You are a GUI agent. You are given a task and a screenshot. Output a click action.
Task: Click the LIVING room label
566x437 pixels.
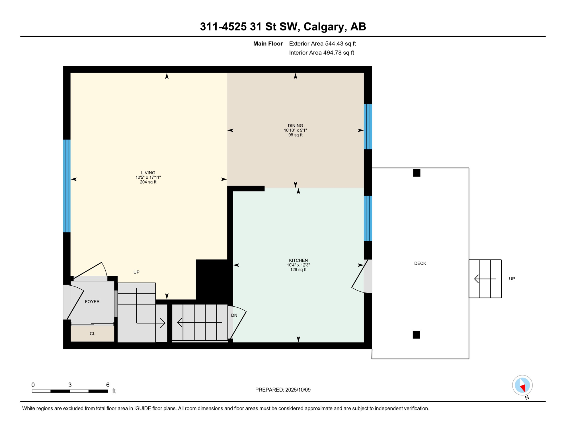[x=148, y=173]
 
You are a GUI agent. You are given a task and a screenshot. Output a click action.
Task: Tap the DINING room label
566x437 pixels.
[x=295, y=125]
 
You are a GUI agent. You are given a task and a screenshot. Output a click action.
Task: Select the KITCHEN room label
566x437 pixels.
[x=298, y=260]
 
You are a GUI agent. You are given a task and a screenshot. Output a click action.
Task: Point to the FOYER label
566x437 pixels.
[x=92, y=302]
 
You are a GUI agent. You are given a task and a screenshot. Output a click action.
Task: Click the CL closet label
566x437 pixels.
[x=92, y=334]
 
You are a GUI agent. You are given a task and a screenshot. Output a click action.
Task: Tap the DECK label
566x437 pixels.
[x=420, y=263]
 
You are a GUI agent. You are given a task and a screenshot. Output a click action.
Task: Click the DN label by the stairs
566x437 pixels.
[x=234, y=315]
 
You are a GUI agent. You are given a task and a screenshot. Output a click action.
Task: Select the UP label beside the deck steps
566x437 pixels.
[x=512, y=279]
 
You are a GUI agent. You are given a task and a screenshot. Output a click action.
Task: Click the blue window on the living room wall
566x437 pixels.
[x=67, y=186]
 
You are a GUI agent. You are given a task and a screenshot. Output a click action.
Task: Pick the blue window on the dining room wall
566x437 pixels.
[x=368, y=127]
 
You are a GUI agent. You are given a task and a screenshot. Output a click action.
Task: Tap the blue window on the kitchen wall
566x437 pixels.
[x=368, y=218]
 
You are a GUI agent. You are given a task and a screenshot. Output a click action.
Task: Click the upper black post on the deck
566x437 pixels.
[x=417, y=173]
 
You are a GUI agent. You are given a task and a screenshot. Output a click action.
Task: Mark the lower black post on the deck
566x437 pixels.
[x=416, y=335]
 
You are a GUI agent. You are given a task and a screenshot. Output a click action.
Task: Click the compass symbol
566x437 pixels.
[x=522, y=386]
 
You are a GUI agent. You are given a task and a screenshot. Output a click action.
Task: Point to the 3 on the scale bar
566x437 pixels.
[x=70, y=385]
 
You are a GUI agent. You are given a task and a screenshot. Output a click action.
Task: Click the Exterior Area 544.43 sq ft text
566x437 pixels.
[x=322, y=44]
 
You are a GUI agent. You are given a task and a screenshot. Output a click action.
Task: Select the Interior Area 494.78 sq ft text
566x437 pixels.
[x=321, y=53]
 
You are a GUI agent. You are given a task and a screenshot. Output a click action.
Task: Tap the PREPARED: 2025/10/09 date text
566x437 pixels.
[x=283, y=390]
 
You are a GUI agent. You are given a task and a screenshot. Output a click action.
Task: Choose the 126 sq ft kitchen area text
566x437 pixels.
[x=298, y=270]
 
